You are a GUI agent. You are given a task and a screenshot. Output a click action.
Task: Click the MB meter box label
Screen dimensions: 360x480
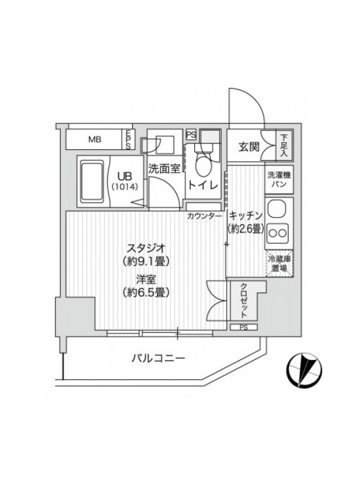pos(95,140)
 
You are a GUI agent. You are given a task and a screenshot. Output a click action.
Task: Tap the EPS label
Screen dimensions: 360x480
pos(128,140)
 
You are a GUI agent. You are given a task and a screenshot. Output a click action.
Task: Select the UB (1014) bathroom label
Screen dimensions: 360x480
pos(125,181)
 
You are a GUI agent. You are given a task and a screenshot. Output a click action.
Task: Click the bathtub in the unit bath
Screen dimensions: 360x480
pos(92,182)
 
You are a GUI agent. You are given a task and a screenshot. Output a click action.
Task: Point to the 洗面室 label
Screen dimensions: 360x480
pos(164,169)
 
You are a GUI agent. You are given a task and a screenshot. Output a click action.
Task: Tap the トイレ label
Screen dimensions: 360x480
pos(203,185)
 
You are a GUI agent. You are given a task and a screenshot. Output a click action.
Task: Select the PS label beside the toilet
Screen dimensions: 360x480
pos(191,135)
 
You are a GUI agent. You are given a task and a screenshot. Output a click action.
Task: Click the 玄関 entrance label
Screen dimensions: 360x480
pos(248,147)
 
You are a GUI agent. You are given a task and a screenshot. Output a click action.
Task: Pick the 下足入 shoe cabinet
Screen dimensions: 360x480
pos(284,145)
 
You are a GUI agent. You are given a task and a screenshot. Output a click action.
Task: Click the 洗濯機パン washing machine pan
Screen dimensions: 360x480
pos(279,179)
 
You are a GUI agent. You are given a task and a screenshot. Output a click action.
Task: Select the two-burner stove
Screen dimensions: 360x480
pos(278,233)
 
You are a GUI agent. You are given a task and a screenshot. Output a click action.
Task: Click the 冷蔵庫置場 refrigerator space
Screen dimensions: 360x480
pos(279,263)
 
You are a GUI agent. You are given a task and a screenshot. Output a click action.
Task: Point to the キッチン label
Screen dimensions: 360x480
pos(246,216)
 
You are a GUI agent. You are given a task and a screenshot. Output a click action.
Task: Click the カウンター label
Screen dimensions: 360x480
pos(204,216)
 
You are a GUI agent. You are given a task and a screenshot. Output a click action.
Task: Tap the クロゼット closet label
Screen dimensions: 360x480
pos(244,301)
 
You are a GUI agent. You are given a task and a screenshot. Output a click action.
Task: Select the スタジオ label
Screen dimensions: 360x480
pos(146,247)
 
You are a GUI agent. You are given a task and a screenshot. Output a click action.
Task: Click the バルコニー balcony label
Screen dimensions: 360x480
pos(158,358)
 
